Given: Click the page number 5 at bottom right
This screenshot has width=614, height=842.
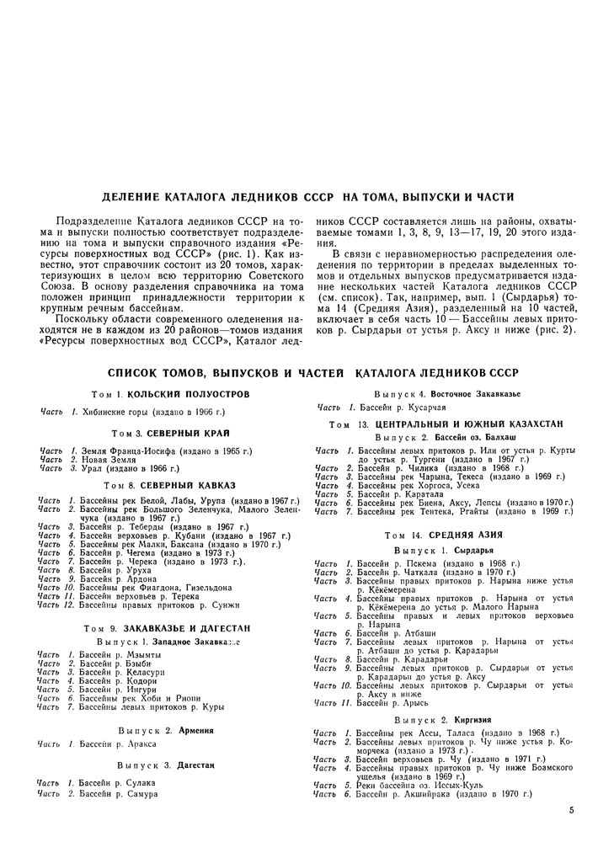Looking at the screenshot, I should (x=571, y=811).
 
